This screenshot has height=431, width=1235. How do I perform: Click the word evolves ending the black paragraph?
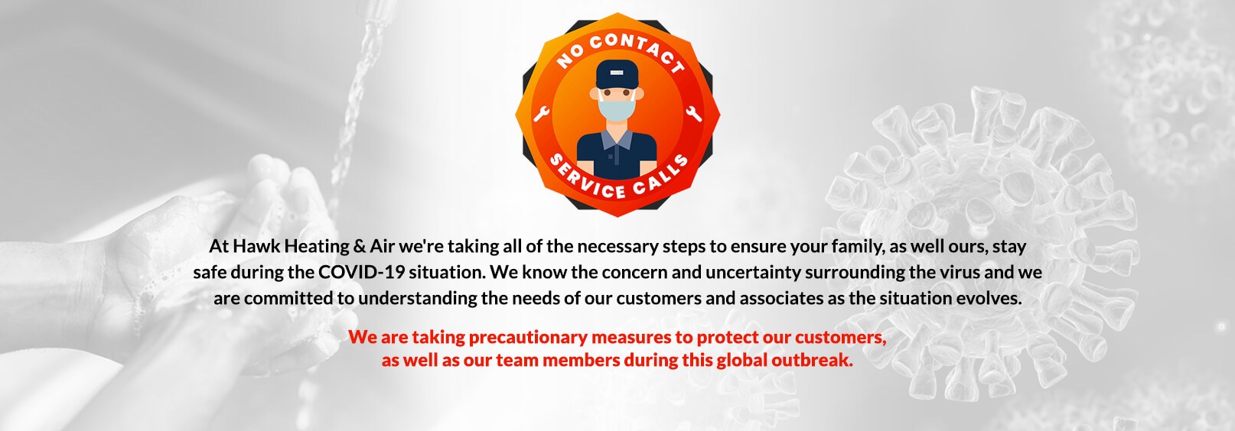(989, 298)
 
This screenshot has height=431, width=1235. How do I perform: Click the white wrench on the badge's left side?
(542, 113)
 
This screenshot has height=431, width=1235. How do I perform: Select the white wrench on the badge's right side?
(693, 113)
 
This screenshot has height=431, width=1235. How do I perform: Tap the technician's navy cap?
(617, 74)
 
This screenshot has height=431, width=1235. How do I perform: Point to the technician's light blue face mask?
(617, 109)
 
